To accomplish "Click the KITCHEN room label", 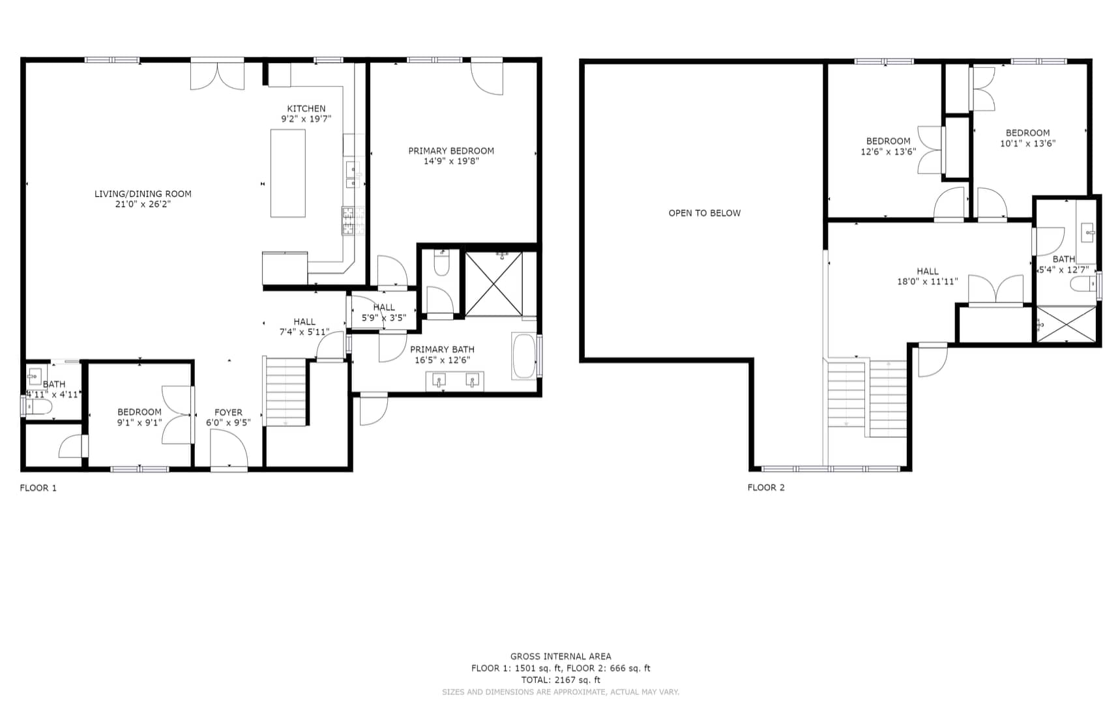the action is click(306, 109).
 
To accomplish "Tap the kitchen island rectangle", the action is click(287, 173).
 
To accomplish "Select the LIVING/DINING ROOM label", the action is click(143, 194).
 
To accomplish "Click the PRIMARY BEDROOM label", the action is click(451, 151).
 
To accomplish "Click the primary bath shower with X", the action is click(494, 284).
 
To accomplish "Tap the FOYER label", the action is click(228, 412).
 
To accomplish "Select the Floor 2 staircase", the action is click(867, 398).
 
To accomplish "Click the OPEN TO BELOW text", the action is click(705, 213).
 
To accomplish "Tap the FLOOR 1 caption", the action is click(38, 487).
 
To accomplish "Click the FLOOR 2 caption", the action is click(766, 487).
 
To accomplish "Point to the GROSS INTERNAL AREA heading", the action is click(561, 656).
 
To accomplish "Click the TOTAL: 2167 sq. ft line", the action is click(561, 680).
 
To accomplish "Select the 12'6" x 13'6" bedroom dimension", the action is click(888, 151).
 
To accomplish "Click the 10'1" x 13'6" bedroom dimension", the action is click(1027, 143).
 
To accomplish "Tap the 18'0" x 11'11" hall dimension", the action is click(927, 282).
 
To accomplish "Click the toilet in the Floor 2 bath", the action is click(1082, 283).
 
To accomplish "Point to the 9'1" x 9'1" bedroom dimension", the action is click(140, 422).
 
